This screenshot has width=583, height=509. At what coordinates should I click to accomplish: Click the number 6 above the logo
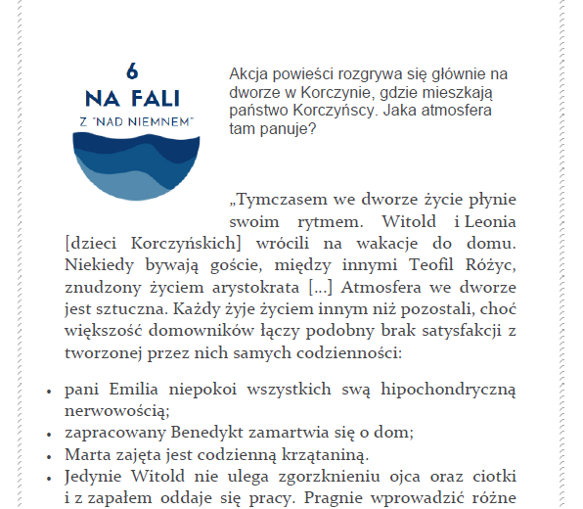pyautogui.click(x=132, y=71)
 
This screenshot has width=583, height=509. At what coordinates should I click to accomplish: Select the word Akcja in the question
pyautogui.click(x=249, y=74)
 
